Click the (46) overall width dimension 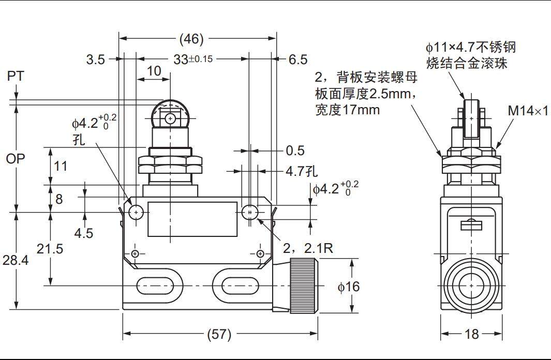191,39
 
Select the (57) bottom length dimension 219,334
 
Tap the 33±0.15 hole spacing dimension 192,59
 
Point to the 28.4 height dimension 16,261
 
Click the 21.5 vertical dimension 50,249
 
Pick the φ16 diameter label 348,286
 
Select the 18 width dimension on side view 471,334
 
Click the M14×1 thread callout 527,111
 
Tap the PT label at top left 16,77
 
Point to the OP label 16,159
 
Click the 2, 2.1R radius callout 308,249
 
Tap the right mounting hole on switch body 250,212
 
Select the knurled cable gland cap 303,286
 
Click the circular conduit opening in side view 471,286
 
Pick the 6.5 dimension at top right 297,59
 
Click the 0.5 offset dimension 295,151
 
